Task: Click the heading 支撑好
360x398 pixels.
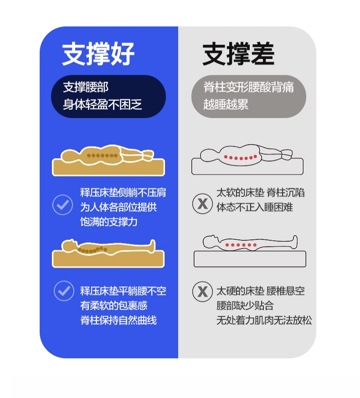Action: point(98,54)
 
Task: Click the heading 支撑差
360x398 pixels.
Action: point(238,54)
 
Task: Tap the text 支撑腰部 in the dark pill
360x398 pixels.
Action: point(86,88)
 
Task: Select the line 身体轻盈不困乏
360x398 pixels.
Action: point(103,104)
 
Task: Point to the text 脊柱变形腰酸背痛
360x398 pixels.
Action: point(248,88)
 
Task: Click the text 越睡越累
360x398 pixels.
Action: point(226,104)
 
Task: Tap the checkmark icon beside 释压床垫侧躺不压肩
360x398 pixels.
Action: point(63,205)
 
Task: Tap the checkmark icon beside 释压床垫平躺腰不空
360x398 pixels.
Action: point(64,291)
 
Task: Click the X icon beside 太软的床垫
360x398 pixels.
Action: point(202,204)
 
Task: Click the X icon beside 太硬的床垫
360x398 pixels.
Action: point(202,291)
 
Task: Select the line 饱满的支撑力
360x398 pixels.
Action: point(109,222)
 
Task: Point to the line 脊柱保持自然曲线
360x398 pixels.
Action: point(118,320)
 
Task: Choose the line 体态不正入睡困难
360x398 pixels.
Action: point(254,207)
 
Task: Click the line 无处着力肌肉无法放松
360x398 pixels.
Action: point(264,320)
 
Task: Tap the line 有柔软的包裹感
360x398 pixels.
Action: point(113,305)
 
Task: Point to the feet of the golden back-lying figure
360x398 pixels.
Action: point(152,246)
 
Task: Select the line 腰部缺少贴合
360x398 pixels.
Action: point(245,305)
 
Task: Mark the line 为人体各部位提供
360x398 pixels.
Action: point(118,207)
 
